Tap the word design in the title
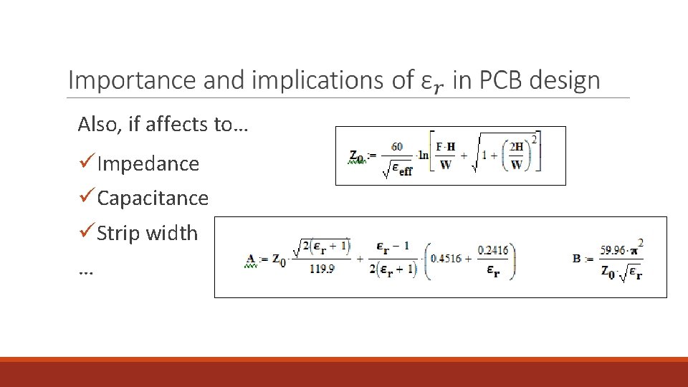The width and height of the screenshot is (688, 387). click(565, 80)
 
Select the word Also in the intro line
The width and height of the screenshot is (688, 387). click(97, 125)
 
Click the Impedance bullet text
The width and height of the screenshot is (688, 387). click(148, 164)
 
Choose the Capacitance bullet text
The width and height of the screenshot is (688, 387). click(153, 199)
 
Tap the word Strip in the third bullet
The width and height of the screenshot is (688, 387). click(118, 234)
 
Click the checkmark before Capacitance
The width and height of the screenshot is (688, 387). click(86, 198)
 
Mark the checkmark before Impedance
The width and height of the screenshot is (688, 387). click(86, 163)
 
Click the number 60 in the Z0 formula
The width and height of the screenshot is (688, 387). click(396, 146)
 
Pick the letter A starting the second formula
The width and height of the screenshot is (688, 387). click(251, 258)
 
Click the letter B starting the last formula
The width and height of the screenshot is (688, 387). click(576, 258)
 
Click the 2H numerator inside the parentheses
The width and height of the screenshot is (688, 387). click(517, 147)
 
